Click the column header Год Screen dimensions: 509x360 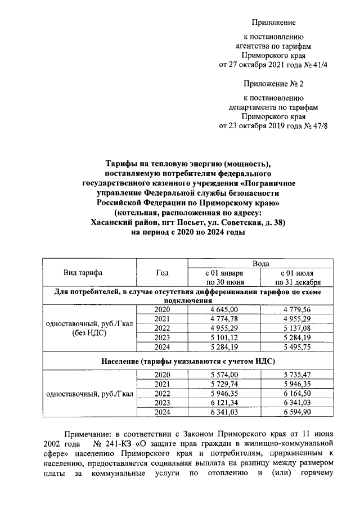click(162, 273)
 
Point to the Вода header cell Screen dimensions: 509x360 click(260, 263)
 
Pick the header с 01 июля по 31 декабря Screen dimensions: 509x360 click(298, 277)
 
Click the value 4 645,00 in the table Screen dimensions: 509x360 click(224, 310)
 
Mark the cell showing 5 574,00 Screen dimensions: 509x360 click(224, 375)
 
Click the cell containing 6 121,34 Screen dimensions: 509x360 click(224, 402)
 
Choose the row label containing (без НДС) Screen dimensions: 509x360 click(91, 333)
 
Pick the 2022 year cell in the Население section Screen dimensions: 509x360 click(162, 393)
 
